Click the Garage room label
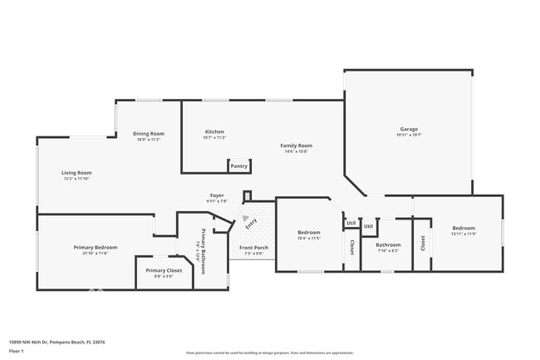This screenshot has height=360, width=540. tap(408, 129)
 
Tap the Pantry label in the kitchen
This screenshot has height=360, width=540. tap(238, 166)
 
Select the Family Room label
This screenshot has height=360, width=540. tap(296, 145)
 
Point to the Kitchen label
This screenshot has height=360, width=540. tap(214, 132)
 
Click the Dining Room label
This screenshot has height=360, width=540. tap(149, 133)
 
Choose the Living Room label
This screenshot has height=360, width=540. tap(76, 173)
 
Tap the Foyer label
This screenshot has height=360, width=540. tap(216, 195)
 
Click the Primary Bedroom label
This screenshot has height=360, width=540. tap(95, 247)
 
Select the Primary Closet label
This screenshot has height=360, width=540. tap(164, 270)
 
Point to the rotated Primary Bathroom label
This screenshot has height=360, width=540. tap(200, 246)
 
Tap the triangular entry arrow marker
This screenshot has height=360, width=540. tap(248, 221)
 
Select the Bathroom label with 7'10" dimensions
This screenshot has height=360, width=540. tap(388, 244)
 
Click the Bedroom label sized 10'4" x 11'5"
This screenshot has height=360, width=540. tap(308, 232)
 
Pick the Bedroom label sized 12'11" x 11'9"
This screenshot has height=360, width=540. tap(464, 228)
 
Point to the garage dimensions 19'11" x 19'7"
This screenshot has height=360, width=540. tap(408, 135)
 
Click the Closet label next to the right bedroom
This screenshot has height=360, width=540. tap(423, 243)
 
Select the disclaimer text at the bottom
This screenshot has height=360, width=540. tap(269, 352)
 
